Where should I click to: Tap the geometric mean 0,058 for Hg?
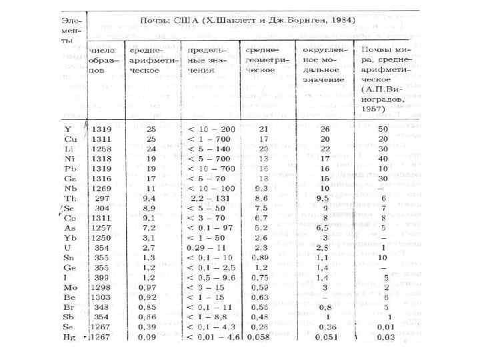coord(262,337)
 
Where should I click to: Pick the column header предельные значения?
coord(208,59)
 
